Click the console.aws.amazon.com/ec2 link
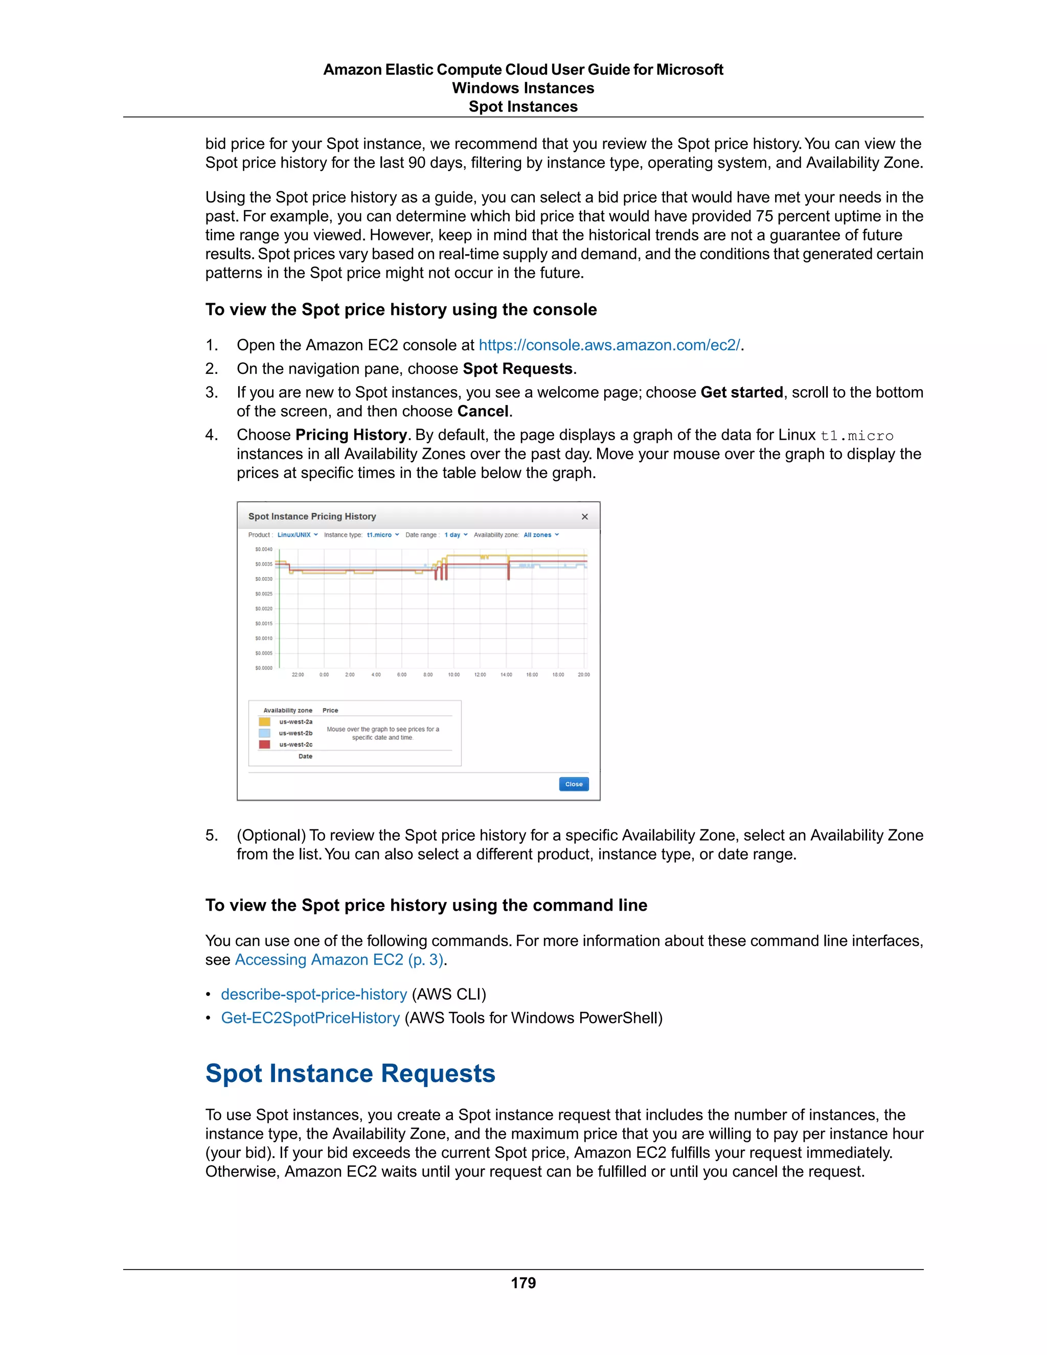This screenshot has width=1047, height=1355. click(609, 345)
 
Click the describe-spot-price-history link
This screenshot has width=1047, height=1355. click(314, 994)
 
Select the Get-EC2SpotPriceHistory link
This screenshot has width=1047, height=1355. click(310, 1018)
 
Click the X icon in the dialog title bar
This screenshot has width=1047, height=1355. click(584, 516)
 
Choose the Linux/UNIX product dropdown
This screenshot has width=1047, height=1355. click(297, 535)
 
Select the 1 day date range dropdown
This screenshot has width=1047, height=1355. click(456, 535)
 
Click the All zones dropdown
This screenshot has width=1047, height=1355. click(541, 535)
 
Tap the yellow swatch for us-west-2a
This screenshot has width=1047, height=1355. click(264, 721)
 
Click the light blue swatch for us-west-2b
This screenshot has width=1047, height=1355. click(264, 733)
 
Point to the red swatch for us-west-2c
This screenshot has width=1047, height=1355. click(264, 744)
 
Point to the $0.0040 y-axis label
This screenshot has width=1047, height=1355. click(264, 549)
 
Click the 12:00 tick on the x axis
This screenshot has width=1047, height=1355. click(480, 674)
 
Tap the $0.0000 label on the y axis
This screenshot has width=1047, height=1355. click(264, 668)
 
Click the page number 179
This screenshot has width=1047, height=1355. click(523, 1283)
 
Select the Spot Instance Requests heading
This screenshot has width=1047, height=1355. click(350, 1073)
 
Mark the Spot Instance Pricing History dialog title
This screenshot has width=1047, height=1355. click(312, 516)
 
